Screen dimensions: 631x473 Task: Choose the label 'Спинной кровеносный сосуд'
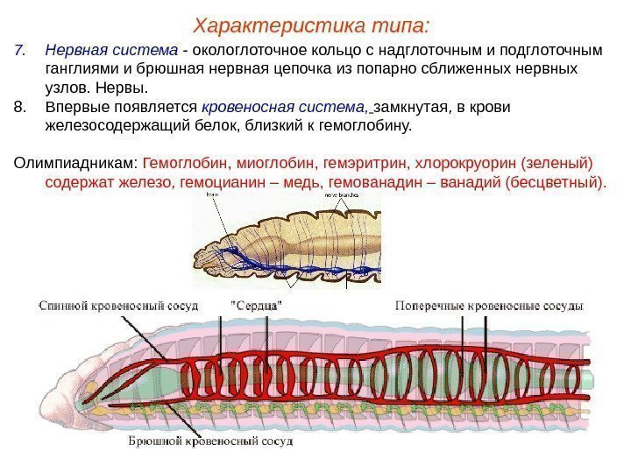118,306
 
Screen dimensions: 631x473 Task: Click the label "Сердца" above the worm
257,306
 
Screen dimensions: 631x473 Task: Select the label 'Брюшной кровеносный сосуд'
209,441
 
